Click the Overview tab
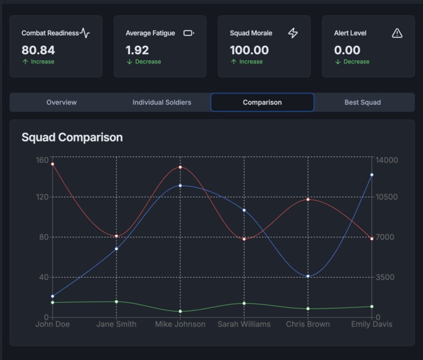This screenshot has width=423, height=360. (x=62, y=102)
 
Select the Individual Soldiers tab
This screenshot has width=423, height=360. (x=162, y=102)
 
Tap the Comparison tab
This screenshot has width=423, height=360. (x=262, y=102)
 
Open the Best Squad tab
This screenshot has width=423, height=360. (x=362, y=102)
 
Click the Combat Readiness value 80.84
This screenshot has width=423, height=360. (x=38, y=50)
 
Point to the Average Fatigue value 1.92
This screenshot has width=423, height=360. (x=137, y=50)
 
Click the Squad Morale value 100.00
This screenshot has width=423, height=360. (x=249, y=50)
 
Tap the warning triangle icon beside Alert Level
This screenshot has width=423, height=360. (x=397, y=33)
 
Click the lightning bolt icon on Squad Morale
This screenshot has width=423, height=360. (x=293, y=33)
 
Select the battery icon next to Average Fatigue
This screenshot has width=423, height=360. (x=189, y=33)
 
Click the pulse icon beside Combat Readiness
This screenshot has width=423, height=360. (x=85, y=33)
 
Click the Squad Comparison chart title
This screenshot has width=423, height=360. (x=72, y=137)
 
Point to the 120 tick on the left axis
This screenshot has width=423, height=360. (x=41, y=197)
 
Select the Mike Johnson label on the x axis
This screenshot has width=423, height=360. (x=180, y=324)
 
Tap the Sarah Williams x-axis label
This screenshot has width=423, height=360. (x=244, y=324)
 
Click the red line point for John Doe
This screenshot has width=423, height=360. (x=53, y=164)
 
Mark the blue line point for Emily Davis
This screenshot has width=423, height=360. (x=371, y=175)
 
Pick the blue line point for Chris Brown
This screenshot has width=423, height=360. (x=308, y=276)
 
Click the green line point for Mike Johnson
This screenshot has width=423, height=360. (x=180, y=311)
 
